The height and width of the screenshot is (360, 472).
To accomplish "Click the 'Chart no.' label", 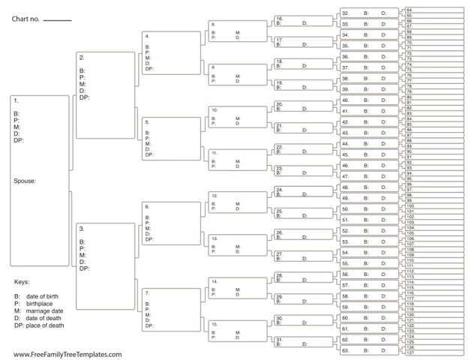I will pyautogui.click(x=25, y=17).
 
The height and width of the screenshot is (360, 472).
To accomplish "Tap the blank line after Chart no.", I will pyautogui.click(x=57, y=20).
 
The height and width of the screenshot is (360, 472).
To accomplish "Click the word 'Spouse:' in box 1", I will pyautogui.click(x=26, y=181).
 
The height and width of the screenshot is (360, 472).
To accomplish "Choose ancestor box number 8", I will pyautogui.click(x=236, y=31).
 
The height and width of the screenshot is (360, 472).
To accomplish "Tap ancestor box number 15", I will pyautogui.click(x=236, y=331).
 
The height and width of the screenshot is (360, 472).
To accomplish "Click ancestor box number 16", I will pyautogui.click(x=299, y=20).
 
